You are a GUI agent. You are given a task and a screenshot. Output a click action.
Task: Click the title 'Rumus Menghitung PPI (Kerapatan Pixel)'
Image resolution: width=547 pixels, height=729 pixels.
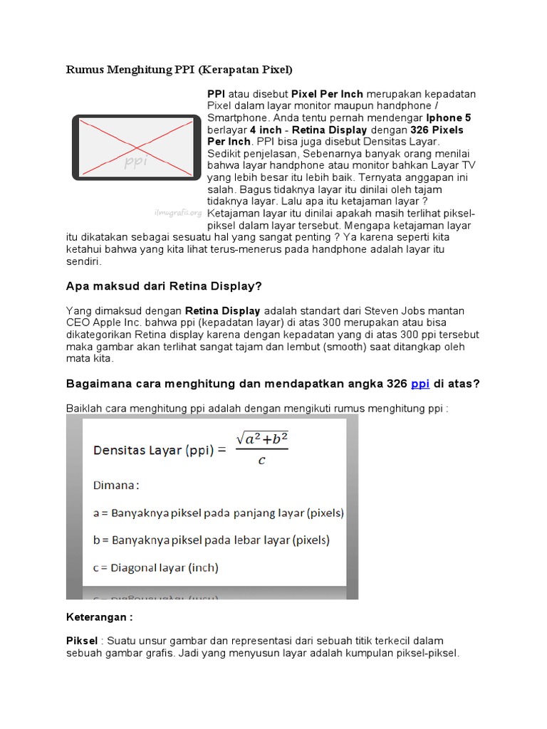point(179,69)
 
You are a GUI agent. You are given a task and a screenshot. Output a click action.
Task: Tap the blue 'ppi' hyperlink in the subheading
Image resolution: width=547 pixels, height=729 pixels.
point(420,384)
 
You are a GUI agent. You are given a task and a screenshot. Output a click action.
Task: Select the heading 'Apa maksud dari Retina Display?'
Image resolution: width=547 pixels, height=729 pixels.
point(164,286)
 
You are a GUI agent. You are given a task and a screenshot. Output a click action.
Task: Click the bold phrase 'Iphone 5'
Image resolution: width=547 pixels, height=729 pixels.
point(449,117)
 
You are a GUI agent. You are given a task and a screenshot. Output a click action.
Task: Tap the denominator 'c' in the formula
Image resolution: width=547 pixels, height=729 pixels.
point(261,461)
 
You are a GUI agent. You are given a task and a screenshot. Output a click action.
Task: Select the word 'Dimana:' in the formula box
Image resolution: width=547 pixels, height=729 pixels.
point(116,485)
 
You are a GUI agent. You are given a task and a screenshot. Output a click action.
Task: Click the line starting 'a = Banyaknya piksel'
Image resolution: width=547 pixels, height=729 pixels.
point(219,513)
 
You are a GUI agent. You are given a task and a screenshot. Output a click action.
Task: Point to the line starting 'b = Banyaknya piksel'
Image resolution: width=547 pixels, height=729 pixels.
point(212,540)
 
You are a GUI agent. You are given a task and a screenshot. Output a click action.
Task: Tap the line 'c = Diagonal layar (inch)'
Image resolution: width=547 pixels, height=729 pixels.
point(156,567)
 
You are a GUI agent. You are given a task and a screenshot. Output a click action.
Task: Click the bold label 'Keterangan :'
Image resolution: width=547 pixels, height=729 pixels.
point(99,617)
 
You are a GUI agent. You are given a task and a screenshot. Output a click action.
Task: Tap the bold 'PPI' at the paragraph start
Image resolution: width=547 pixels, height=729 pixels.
point(216,94)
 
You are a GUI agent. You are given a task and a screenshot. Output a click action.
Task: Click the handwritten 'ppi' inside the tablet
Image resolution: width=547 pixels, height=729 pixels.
point(135,162)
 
